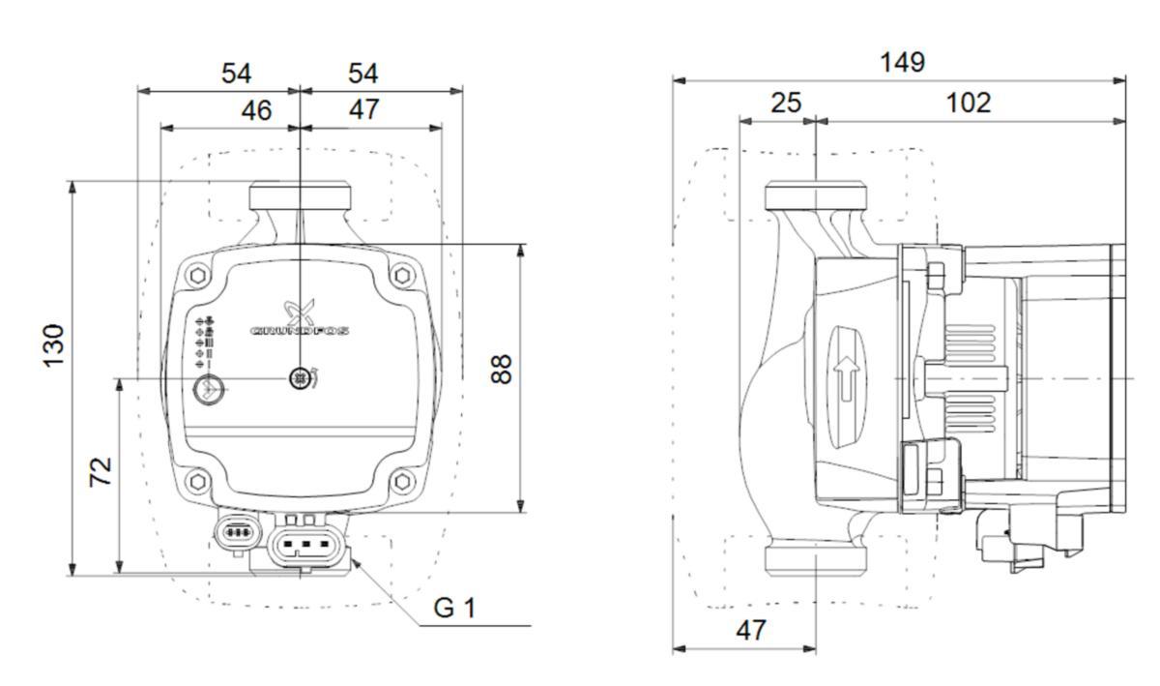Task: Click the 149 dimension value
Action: coord(902,62)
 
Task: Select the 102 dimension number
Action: coord(968,103)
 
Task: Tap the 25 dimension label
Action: coord(786,103)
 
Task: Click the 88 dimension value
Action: coord(500,369)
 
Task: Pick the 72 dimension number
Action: coord(101,471)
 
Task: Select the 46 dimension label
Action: coord(256,110)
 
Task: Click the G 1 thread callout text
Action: coord(454,609)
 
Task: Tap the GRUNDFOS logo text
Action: coord(300,331)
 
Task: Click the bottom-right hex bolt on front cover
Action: coord(403,480)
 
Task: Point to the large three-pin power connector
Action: coord(306,544)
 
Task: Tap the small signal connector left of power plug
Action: coord(236,532)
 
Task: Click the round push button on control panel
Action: coord(207,390)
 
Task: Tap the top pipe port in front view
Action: coord(300,197)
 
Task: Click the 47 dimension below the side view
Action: coord(750,631)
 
